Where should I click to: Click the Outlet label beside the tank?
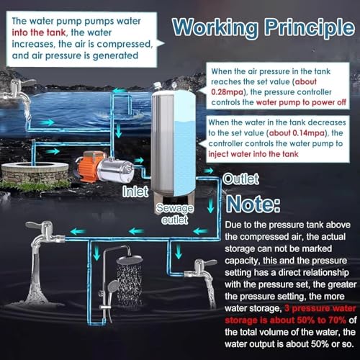coord(238,178)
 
